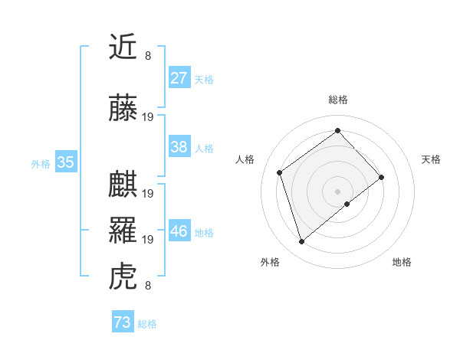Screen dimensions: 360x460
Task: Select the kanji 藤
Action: pyautogui.click(x=123, y=109)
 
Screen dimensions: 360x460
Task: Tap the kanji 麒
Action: pyautogui.click(x=123, y=185)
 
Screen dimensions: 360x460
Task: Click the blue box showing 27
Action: pyautogui.click(x=179, y=78)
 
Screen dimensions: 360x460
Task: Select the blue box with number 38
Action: pyautogui.click(x=179, y=147)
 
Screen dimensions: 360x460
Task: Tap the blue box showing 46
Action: pyautogui.click(x=179, y=231)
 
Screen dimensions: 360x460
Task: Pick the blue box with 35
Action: pyautogui.click(x=65, y=162)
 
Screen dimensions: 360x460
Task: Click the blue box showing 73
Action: pyautogui.click(x=123, y=322)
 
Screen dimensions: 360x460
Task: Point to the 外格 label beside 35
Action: pyautogui.click(x=41, y=163)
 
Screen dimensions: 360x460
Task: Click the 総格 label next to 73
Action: pyautogui.click(x=147, y=324)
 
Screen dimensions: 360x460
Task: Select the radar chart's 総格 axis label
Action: pyautogui.click(x=337, y=100)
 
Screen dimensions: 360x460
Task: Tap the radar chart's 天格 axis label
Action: pyautogui.click(x=432, y=159)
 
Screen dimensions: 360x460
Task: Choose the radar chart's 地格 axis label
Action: pyautogui.click(x=402, y=262)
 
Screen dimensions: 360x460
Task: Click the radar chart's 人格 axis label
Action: pyautogui.click(x=245, y=159)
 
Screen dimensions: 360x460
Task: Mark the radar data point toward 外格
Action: pyautogui.click(x=301, y=242)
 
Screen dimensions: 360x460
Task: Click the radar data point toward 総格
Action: pyautogui.click(x=337, y=131)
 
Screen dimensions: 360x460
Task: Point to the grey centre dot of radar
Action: pyautogui.click(x=337, y=191)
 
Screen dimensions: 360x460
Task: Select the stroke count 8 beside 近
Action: pyautogui.click(x=148, y=55)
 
